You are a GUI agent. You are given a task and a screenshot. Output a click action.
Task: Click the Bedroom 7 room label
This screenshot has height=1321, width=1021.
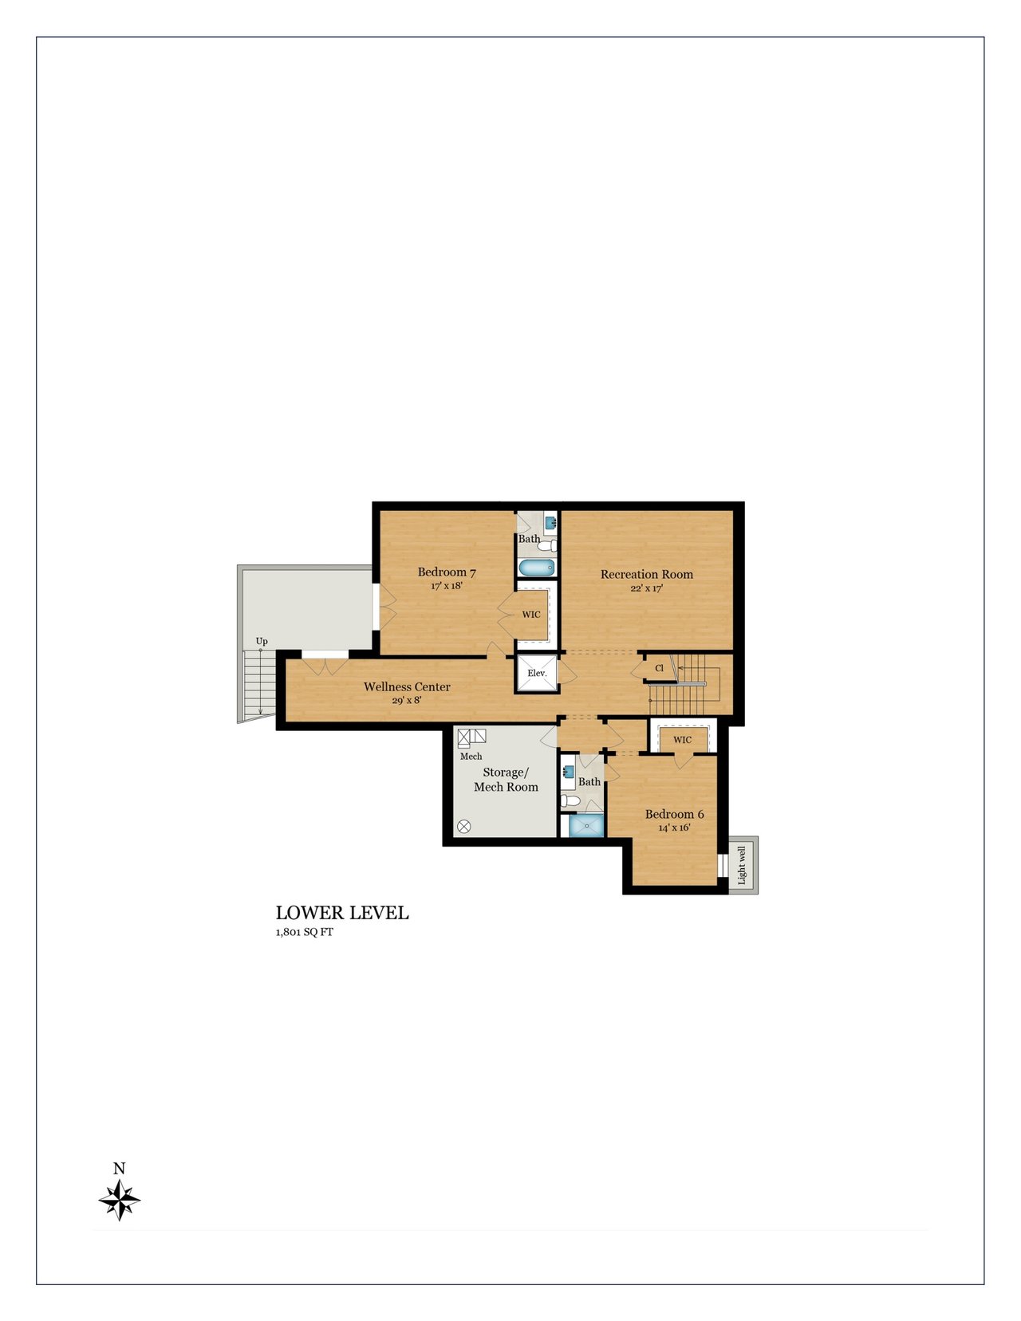pos(447,572)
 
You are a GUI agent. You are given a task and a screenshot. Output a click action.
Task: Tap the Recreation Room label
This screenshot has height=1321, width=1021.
pos(646,574)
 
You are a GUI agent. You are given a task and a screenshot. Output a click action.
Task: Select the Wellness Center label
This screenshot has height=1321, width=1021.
pos(407,687)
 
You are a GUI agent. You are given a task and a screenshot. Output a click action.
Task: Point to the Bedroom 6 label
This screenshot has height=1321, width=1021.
pos(674,814)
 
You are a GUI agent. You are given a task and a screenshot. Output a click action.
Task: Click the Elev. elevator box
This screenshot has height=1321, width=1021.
pos(536,673)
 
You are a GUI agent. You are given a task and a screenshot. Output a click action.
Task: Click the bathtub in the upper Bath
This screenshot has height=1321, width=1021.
pos(537,567)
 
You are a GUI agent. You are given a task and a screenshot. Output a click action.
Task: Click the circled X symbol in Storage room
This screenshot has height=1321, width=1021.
pos(464,826)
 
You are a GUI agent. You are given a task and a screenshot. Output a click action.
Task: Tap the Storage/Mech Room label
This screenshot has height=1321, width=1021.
pos(506,780)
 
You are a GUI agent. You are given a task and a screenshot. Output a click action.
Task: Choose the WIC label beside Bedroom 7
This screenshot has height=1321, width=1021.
pos(531,615)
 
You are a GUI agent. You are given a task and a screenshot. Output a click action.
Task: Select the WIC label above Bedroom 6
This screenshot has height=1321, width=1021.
pos(682,740)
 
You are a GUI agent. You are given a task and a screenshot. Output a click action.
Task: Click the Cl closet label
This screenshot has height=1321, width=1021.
pos(659,668)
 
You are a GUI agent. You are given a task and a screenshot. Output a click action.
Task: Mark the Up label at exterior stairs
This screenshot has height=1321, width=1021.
pos(262,641)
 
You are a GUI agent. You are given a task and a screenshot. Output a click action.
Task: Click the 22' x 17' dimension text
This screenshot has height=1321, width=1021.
pos(646,588)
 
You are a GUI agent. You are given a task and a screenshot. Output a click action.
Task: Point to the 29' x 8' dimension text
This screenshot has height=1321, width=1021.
pos(407,700)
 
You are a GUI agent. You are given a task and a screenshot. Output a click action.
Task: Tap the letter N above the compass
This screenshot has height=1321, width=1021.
pos(119,1169)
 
